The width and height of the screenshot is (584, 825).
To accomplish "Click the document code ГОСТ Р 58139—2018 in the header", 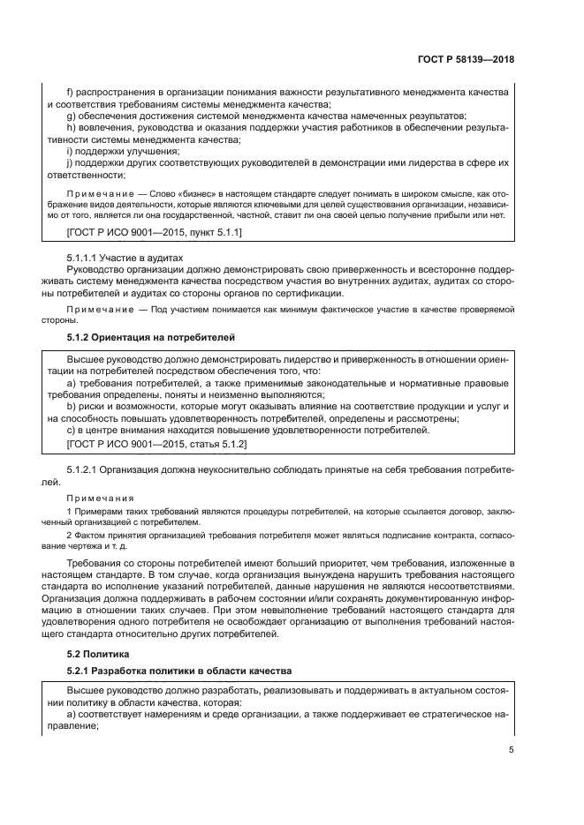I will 465,60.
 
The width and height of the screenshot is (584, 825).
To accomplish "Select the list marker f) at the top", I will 71,92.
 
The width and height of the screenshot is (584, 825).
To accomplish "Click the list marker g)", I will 71,116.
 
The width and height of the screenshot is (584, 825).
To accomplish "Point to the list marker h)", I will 71,128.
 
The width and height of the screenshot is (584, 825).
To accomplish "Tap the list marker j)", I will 70,164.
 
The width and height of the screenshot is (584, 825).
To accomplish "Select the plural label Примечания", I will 102,499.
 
